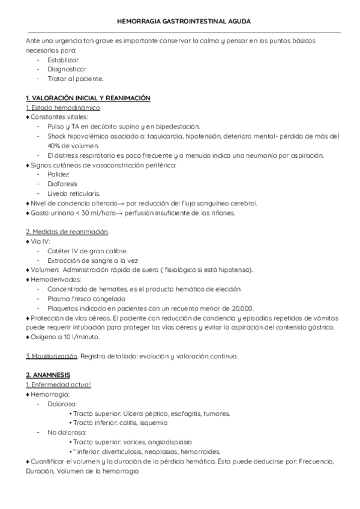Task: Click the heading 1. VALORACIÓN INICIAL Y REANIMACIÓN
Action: tap(88, 98)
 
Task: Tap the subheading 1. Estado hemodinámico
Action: tap(63, 107)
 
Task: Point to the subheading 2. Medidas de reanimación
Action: tap(67, 232)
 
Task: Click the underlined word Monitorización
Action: tap(55, 356)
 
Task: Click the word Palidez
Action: tap(59, 174)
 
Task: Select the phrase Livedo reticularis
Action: tap(73, 193)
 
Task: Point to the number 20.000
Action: tap(239, 308)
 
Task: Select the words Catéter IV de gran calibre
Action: tap(87, 250)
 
